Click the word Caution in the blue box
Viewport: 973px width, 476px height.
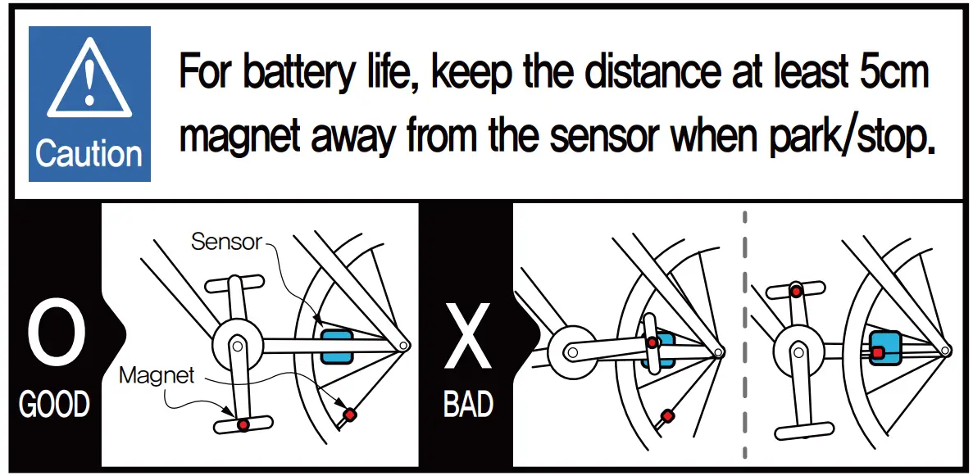click(89, 155)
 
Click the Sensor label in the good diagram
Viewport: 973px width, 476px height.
click(226, 241)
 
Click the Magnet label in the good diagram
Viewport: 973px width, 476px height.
click(157, 375)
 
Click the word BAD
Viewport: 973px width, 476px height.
click(468, 405)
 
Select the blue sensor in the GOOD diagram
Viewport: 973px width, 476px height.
click(336, 347)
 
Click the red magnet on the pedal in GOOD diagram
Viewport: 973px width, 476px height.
click(243, 424)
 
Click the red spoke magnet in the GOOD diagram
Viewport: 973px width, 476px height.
click(350, 414)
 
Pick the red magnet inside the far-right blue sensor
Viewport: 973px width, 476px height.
click(876, 352)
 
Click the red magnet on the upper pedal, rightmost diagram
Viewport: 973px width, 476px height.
click(795, 291)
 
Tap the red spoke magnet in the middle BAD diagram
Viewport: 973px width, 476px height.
click(668, 415)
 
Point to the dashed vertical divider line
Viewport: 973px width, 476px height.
click(745, 336)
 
